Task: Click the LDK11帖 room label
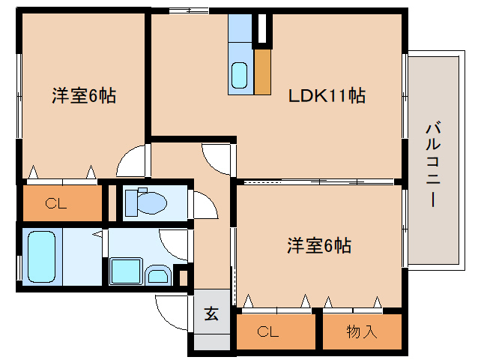click(x=327, y=96)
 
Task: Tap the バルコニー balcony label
click(x=432, y=163)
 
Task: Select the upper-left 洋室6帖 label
click(x=83, y=96)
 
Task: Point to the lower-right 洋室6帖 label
click(x=319, y=244)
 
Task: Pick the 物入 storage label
click(x=362, y=331)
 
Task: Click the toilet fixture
click(x=145, y=201)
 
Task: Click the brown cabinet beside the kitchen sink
click(x=262, y=72)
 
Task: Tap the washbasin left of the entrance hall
click(x=158, y=275)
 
